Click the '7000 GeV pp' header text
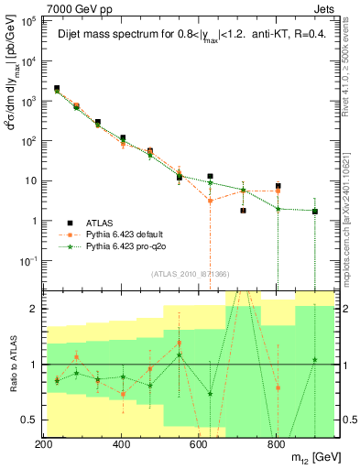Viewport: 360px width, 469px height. pyautogui.click(x=74, y=7)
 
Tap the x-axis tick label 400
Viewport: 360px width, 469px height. pyautogui.click(x=122, y=444)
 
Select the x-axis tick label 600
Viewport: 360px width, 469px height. pyautogui.click(x=199, y=444)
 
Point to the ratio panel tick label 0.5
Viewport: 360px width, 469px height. pyautogui.click(x=27, y=420)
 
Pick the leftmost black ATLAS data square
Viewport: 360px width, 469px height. pyautogui.click(x=57, y=89)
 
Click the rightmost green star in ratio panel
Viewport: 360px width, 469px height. pyautogui.click(x=314, y=359)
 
